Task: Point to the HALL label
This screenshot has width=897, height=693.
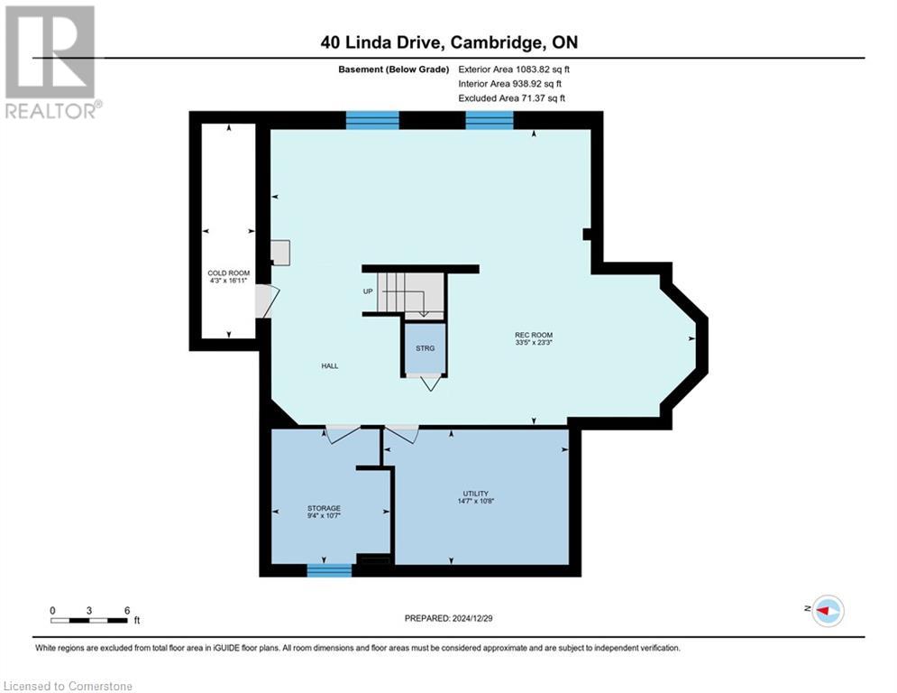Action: pyautogui.click(x=330, y=365)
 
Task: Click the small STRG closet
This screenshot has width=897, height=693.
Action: pyautogui.click(x=425, y=348)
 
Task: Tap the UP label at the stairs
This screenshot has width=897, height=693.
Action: pyautogui.click(x=368, y=291)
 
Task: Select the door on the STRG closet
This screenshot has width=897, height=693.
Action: pyautogui.click(x=430, y=383)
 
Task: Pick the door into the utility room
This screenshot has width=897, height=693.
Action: pyautogui.click(x=401, y=434)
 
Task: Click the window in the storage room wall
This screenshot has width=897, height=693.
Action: pyautogui.click(x=328, y=569)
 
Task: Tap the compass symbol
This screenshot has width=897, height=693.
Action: pyautogui.click(x=827, y=611)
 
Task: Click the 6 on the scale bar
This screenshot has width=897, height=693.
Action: pyautogui.click(x=127, y=610)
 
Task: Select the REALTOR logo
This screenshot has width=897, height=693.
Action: pyautogui.click(x=50, y=61)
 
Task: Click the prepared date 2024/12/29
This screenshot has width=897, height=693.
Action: pyautogui.click(x=447, y=618)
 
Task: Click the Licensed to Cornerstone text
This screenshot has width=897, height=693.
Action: pyautogui.click(x=69, y=687)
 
